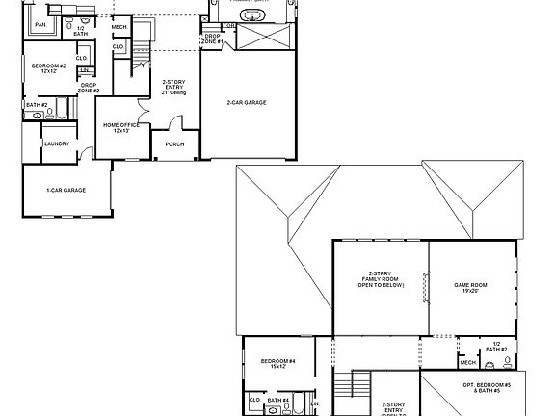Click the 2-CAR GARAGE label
[x=247, y=102]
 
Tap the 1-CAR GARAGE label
[x=66, y=190]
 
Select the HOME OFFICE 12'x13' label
[x=121, y=127]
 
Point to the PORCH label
[x=174, y=144]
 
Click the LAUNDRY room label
[x=55, y=145]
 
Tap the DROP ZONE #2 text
[x=89, y=89]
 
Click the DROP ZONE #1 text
[x=213, y=40]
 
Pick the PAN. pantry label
[x=40, y=23]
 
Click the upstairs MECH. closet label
[x=467, y=362]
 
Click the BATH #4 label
[x=278, y=400]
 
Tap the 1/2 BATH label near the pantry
[x=80, y=30]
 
